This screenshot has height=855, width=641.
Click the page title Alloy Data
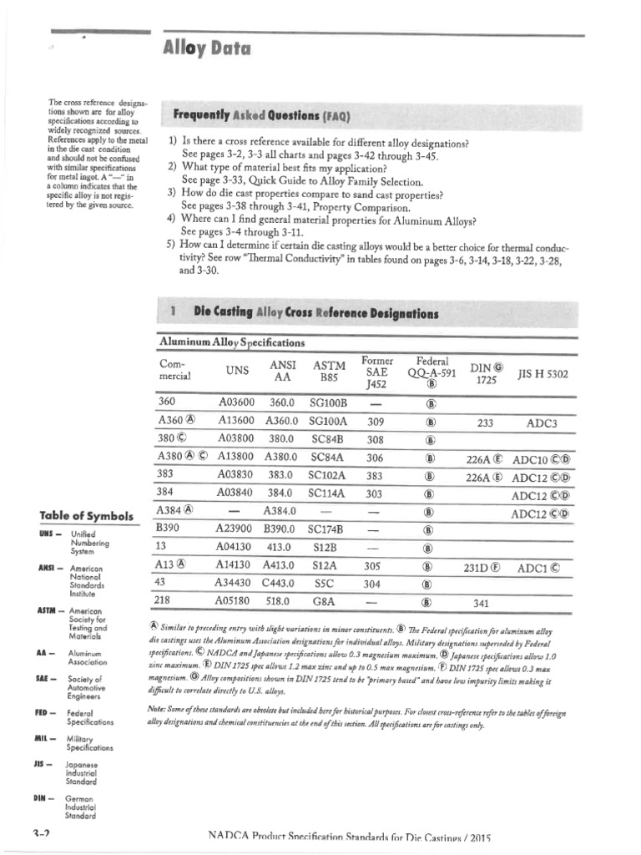(206, 49)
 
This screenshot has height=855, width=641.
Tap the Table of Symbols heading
(86, 516)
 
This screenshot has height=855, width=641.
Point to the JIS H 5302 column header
(543, 374)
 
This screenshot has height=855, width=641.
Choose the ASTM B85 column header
(329, 372)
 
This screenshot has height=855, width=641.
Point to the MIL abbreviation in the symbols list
(45, 741)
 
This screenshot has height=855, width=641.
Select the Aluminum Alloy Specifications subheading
(231, 342)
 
